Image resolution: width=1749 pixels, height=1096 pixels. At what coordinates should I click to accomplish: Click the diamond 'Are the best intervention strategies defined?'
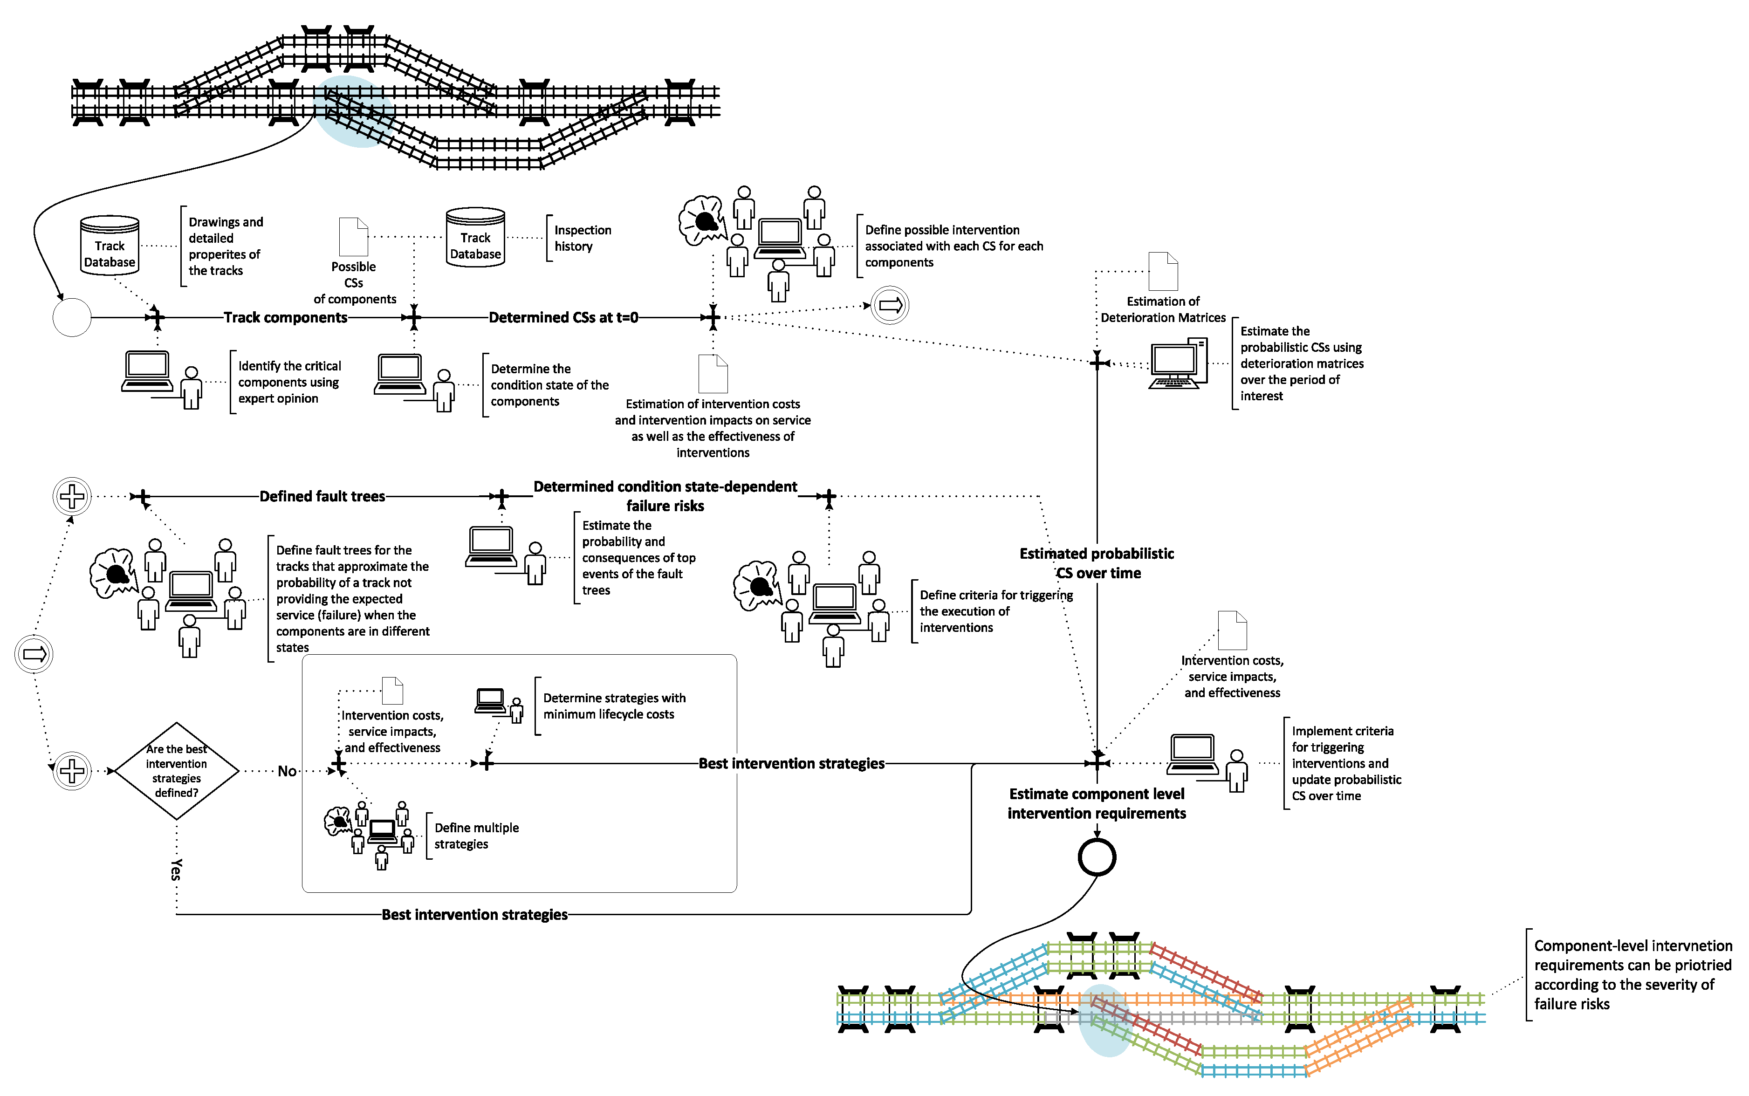coord(176,771)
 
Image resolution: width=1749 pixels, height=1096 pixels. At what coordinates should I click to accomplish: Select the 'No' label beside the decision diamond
coord(287,771)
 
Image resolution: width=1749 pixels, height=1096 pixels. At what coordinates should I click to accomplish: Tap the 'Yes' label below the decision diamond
coord(176,869)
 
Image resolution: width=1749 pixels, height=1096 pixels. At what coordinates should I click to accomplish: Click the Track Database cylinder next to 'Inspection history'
coord(475,238)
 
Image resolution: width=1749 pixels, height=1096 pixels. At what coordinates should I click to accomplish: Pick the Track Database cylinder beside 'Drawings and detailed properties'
coord(110,246)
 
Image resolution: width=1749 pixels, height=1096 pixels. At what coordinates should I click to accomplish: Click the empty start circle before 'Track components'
coord(72,317)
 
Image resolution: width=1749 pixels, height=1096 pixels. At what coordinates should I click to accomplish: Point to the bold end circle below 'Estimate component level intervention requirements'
coord(1097,857)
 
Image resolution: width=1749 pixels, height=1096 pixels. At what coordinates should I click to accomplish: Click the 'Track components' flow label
coord(286,317)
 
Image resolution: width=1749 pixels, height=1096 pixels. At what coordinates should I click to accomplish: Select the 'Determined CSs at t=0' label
coord(563,317)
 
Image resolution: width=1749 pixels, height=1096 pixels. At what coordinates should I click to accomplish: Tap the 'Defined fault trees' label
coord(322,497)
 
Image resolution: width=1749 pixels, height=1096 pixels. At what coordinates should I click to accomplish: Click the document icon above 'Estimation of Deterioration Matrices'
coord(1163,272)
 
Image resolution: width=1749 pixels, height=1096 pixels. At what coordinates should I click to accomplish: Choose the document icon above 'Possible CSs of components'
coord(354,237)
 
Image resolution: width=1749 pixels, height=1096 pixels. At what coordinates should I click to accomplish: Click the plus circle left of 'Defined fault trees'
coord(72,497)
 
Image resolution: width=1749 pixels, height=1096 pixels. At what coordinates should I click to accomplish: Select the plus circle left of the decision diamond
coord(72,771)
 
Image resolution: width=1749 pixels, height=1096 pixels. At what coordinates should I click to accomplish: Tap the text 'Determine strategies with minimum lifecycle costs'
coord(614,706)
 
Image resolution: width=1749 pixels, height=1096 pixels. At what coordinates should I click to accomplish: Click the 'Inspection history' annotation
coord(583,238)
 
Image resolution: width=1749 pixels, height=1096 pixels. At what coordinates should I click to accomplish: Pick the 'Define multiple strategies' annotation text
coord(476,836)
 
